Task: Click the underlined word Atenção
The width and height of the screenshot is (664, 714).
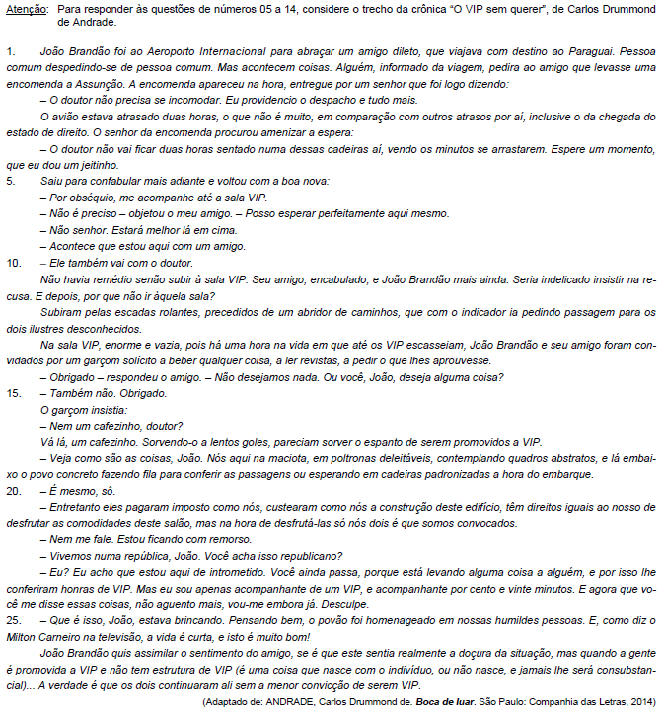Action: pyautogui.click(x=25, y=9)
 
